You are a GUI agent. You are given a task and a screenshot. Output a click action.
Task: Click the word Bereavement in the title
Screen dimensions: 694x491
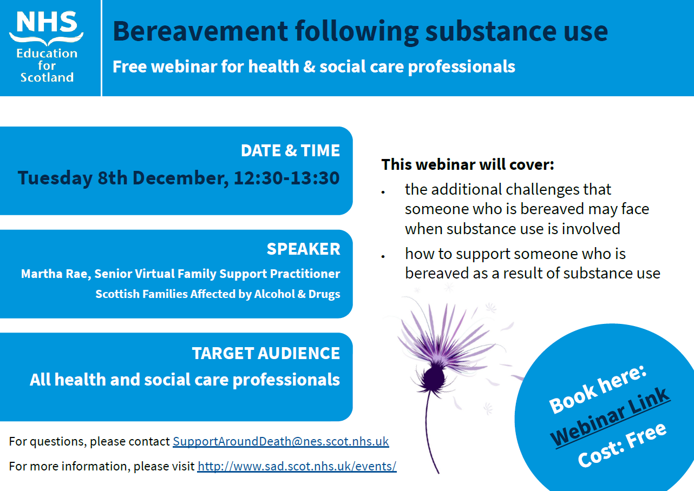tap(200, 31)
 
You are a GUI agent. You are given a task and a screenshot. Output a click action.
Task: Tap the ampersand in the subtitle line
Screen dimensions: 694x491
tap(309, 67)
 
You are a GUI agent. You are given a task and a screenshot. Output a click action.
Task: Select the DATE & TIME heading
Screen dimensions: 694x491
tap(290, 150)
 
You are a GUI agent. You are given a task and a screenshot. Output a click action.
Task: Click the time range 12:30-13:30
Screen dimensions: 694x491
tap(286, 178)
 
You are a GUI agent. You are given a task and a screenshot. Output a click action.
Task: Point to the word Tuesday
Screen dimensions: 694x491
tap(55, 178)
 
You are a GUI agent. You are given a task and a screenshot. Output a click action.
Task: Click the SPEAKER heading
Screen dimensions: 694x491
tap(303, 249)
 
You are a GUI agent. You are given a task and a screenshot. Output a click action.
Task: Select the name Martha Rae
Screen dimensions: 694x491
tap(56, 274)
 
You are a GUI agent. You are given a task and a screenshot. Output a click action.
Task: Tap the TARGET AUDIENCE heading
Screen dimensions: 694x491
tap(266, 353)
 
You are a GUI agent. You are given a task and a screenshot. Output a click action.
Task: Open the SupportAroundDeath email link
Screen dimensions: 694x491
tap(281, 441)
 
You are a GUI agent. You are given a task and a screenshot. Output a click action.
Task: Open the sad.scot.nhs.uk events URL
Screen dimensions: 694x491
tap(297, 466)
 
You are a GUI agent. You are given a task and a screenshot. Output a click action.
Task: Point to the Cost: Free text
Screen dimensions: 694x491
tap(622, 445)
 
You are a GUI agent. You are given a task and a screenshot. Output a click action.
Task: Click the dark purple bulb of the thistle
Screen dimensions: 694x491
tap(433, 378)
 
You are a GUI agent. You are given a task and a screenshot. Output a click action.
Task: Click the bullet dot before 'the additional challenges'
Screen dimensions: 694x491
tap(383, 193)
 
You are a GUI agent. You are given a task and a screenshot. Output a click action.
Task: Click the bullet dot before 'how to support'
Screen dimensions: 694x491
tap(383, 256)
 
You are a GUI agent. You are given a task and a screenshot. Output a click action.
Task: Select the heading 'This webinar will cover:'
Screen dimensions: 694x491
tap(468, 164)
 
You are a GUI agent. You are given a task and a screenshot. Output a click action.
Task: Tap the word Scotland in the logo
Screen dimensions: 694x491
tap(47, 77)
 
